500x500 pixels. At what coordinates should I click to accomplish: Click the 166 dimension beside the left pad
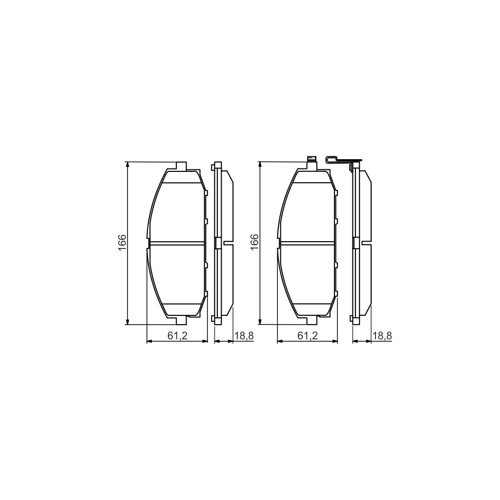click(122, 243)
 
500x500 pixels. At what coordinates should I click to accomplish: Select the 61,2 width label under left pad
click(177, 335)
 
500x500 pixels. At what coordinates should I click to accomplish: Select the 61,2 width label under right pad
click(308, 335)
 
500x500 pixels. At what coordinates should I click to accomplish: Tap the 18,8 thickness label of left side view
click(244, 335)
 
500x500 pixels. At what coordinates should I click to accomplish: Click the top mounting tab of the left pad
click(181, 166)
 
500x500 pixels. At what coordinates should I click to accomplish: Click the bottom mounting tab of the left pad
click(181, 320)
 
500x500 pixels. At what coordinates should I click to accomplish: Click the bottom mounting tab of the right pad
click(312, 320)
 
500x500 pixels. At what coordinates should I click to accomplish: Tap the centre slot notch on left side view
click(228, 243)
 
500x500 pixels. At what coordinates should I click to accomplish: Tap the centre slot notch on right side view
click(365, 243)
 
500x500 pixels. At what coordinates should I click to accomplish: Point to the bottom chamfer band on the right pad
click(312, 309)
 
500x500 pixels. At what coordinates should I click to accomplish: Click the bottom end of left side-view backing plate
click(217, 322)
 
